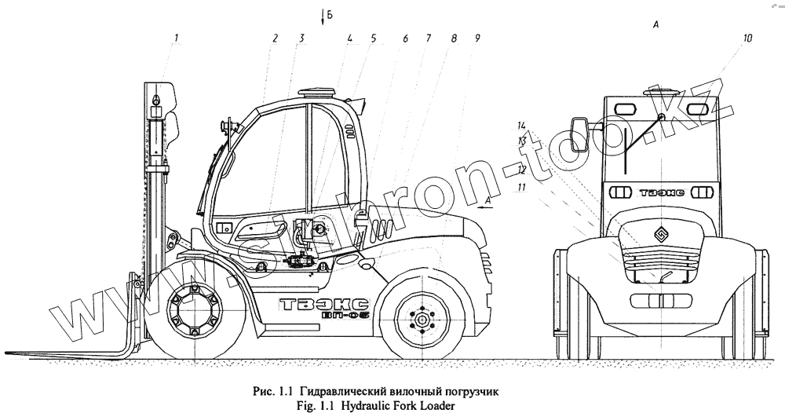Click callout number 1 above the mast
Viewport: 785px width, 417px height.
(x=177, y=38)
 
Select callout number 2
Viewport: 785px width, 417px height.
(x=276, y=38)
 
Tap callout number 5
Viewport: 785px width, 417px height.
(x=374, y=38)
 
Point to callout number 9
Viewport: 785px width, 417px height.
(x=477, y=38)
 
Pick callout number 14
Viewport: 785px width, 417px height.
(x=520, y=125)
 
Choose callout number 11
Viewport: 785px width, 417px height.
(x=520, y=188)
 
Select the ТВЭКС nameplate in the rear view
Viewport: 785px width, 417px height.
(x=659, y=192)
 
